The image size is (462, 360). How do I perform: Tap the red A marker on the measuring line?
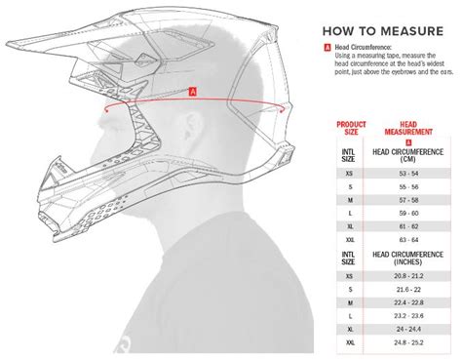coord(193,92)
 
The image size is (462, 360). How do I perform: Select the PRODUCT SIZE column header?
coord(352,129)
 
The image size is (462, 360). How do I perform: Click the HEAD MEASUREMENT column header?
coord(408,129)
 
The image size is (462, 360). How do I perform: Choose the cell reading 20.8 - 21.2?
coord(409,276)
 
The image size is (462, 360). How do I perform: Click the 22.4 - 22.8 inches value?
coord(409,302)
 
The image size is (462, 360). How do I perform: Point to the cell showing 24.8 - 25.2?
coord(409,342)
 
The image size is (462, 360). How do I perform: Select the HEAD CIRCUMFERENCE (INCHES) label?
coord(409,259)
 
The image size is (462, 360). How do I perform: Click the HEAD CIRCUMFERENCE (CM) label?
coord(409,153)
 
